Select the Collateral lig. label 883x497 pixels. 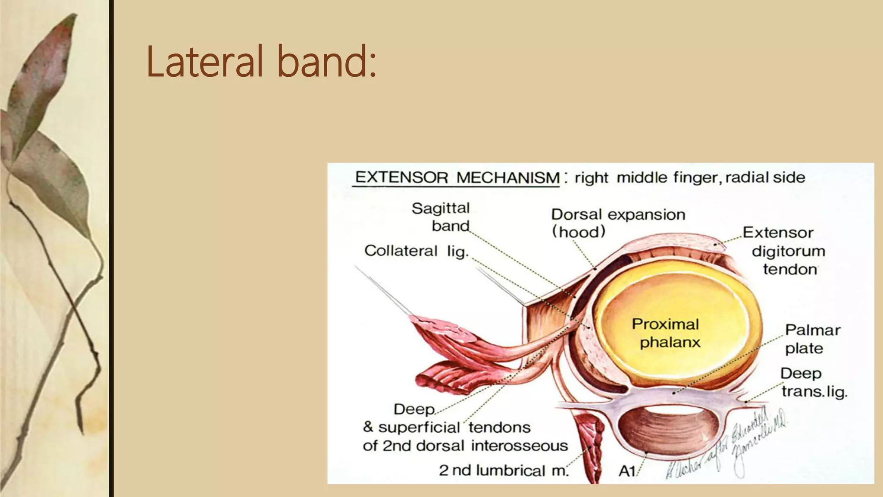click(x=416, y=251)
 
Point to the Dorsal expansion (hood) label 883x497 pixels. click(x=617, y=223)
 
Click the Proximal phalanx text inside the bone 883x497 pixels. click(x=666, y=333)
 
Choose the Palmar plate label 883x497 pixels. click(x=811, y=339)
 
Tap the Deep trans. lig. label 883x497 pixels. click(x=812, y=382)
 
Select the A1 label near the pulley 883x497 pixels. click(x=627, y=471)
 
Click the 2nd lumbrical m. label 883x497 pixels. click(x=504, y=470)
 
